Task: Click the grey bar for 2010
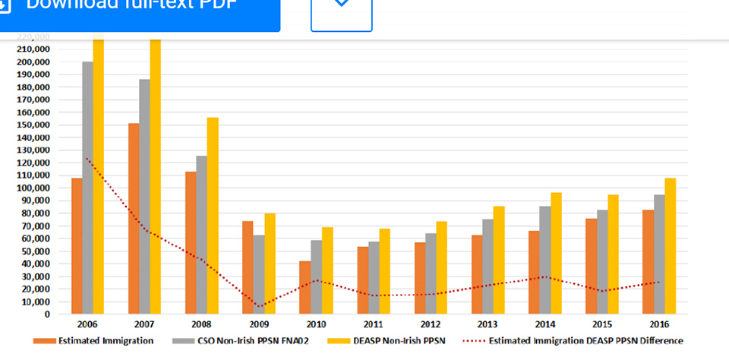pyautogui.click(x=316, y=276)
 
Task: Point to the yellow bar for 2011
pyautogui.click(x=383, y=270)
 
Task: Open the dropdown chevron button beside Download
pyautogui.click(x=342, y=8)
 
